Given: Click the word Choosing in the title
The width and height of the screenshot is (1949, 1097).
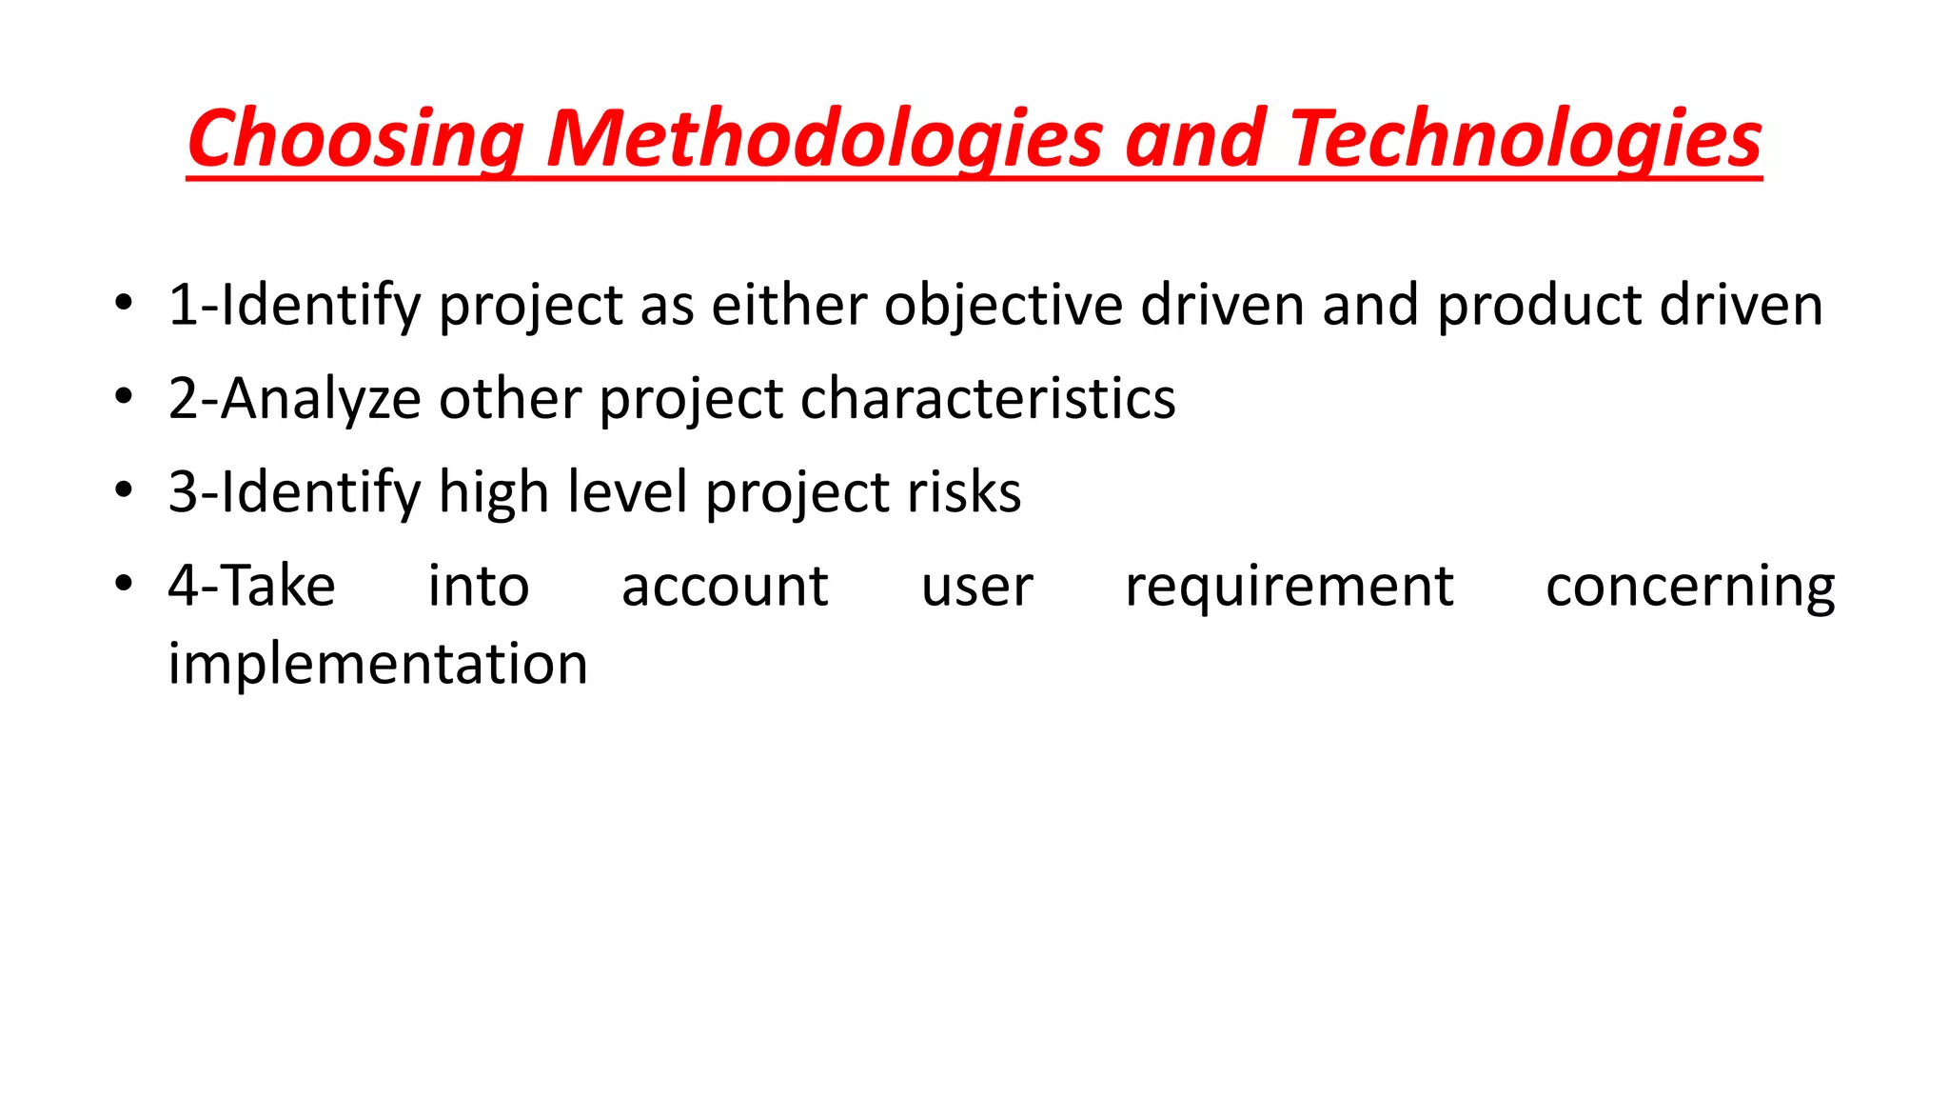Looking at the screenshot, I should (355, 139).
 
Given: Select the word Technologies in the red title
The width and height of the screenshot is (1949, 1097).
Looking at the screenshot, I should (1525, 139).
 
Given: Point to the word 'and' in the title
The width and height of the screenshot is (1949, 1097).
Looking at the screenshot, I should (1194, 139).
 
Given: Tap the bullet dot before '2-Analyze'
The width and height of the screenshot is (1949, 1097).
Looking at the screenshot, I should (123, 397).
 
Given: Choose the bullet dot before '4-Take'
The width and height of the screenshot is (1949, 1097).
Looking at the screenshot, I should (123, 584).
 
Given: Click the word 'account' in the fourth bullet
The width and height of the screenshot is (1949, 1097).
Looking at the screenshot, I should (724, 586).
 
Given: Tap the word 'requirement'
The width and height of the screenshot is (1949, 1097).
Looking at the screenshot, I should (1289, 586).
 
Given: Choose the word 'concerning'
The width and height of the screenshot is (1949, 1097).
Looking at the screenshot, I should (1690, 586).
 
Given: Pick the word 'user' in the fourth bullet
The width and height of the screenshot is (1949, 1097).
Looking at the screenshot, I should (976, 586).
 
